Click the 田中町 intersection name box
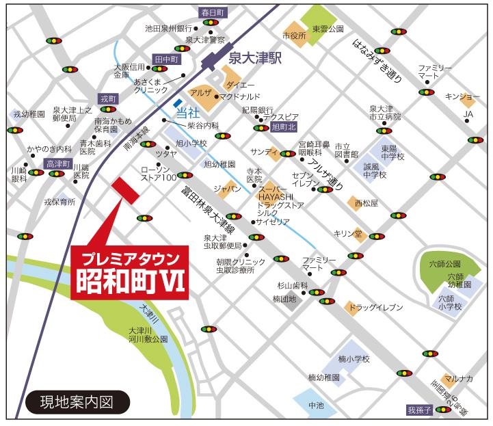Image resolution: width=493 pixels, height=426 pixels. pyautogui.click(x=166, y=59)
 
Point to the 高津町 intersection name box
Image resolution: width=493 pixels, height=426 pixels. pyautogui.click(x=58, y=164)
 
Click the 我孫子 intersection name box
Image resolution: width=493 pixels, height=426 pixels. pyautogui.click(x=421, y=410)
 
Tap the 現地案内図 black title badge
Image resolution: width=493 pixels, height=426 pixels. pyautogui.click(x=77, y=399)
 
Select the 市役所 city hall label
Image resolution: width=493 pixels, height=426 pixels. pyautogui.click(x=294, y=34)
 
